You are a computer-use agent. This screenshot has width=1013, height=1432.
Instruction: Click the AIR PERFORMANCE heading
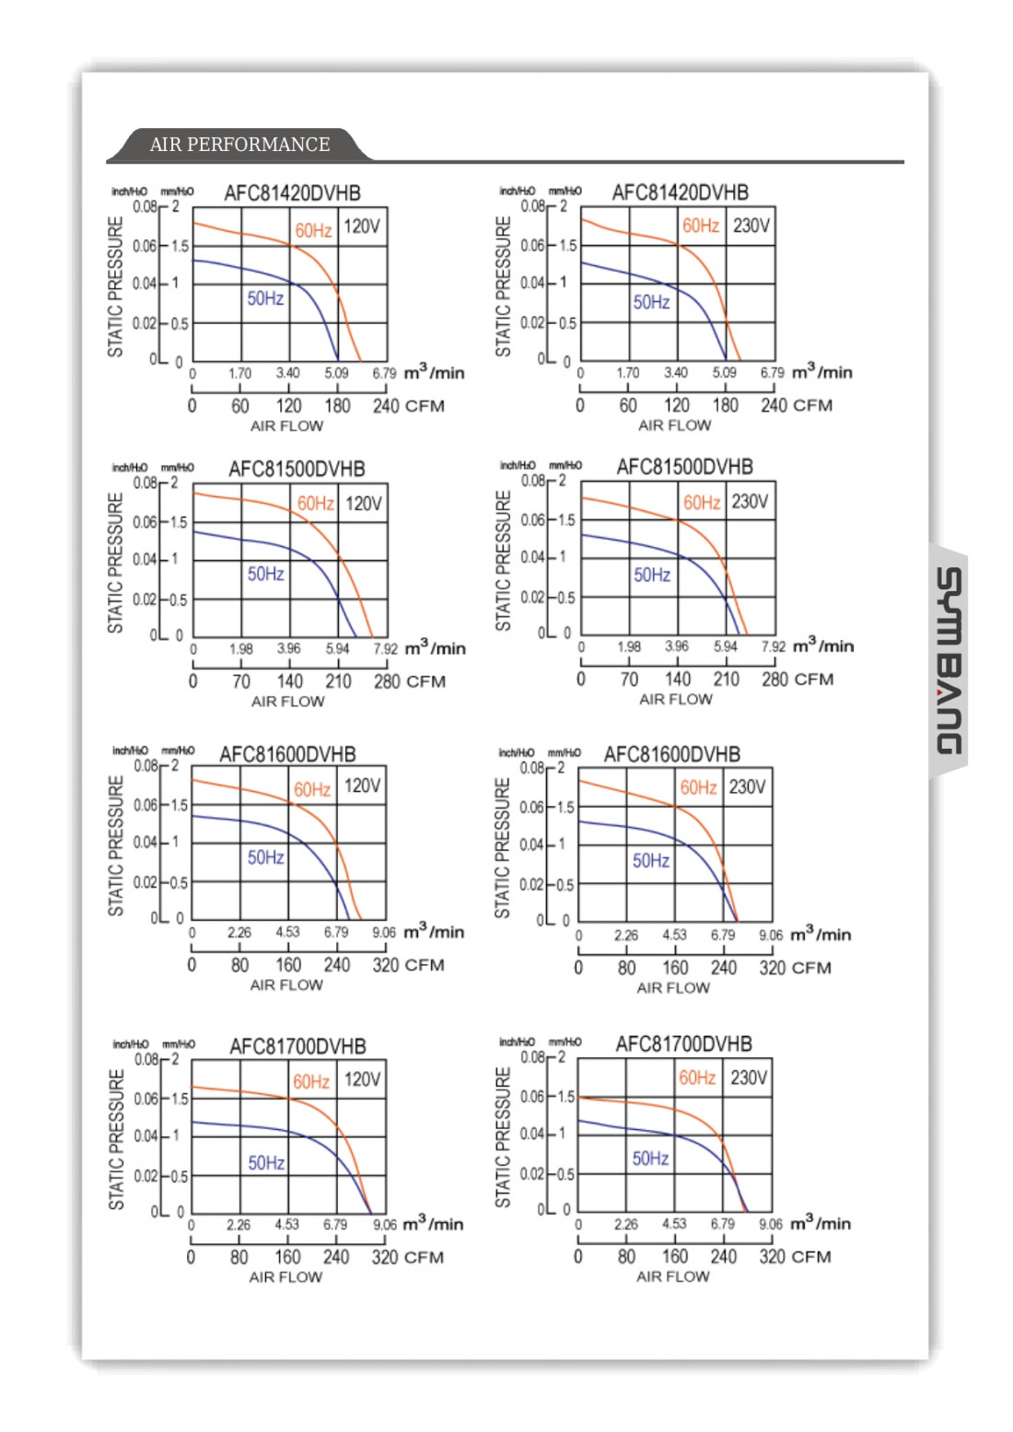coord(239,145)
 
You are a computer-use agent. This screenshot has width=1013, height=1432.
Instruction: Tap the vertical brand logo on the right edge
coord(949,661)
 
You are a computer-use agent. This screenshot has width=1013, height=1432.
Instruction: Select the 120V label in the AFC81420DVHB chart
coord(362,227)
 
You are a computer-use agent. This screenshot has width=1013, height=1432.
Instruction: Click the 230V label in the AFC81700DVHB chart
coord(749,1077)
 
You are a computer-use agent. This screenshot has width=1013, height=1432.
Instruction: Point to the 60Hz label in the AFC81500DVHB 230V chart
coord(702,503)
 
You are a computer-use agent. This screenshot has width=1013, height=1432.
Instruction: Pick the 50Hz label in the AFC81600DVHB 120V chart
coord(265,857)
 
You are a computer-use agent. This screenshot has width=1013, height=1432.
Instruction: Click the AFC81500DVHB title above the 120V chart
coord(297,469)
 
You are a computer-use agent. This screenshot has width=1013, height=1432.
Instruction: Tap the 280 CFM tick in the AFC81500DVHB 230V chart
coord(774,680)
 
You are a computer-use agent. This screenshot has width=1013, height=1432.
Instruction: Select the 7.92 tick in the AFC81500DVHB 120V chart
coord(385,648)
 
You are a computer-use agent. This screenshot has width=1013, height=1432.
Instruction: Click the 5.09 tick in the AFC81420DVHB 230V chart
coord(724,373)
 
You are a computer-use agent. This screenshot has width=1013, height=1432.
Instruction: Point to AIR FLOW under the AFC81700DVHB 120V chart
coord(285,1277)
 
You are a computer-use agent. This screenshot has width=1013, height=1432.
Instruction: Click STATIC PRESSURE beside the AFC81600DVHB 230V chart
coord(503,847)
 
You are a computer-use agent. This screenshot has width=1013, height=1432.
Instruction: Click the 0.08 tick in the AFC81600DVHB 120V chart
coord(146,766)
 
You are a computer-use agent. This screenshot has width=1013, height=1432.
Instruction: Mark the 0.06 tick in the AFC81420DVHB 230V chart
coord(533,246)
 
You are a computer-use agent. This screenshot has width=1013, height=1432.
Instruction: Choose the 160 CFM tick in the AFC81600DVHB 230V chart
coord(675,968)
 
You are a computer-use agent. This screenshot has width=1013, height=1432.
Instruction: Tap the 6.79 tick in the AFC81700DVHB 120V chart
coord(335,1225)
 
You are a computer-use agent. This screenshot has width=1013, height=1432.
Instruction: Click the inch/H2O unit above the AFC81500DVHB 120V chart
coord(130,468)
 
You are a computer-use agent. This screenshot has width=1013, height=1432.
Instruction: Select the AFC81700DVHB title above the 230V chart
coord(683,1044)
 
